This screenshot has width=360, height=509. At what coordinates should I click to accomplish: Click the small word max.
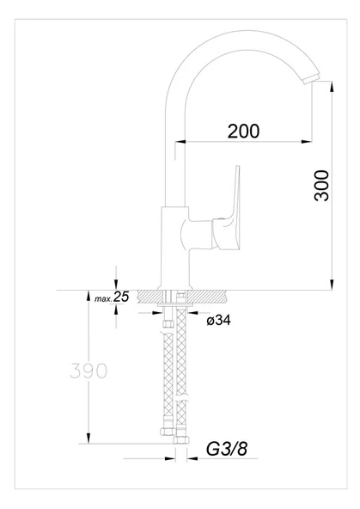click(101, 299)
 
